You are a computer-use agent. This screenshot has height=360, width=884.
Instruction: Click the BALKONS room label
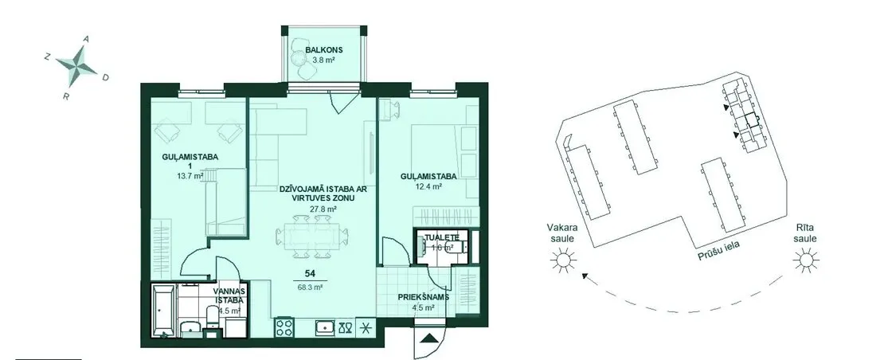(324, 49)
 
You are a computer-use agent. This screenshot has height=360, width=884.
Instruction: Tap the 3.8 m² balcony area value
(324, 58)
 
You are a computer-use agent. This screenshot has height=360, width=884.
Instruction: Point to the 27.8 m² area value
(323, 209)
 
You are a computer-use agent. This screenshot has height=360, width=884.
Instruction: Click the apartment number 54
(309, 274)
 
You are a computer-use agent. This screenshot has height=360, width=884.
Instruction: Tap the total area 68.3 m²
(309, 286)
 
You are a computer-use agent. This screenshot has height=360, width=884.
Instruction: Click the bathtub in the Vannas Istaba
(163, 311)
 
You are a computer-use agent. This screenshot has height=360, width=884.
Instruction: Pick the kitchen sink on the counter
(326, 327)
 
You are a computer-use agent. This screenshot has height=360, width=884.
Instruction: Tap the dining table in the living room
(312, 237)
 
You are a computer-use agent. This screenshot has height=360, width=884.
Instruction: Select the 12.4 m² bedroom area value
(428, 186)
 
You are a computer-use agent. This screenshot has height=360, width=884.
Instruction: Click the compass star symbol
(77, 66)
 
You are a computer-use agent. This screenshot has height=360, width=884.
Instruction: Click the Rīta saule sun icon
(806, 260)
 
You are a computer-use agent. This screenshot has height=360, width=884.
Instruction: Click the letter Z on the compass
(47, 57)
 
